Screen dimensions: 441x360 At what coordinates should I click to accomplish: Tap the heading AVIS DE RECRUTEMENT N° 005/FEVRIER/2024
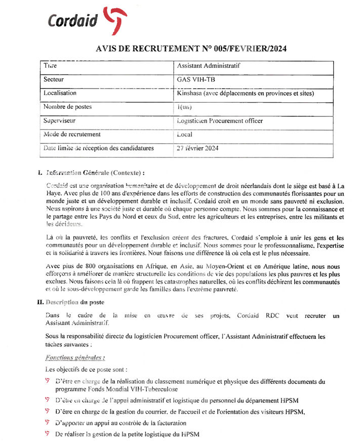click(x=191, y=49)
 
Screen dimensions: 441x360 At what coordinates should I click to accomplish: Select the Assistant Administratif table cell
click(x=209, y=66)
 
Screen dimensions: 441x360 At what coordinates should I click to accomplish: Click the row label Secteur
click(x=54, y=79)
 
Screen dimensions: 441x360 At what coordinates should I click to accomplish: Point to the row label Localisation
click(x=60, y=93)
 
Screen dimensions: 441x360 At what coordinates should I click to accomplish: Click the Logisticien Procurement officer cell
click(x=220, y=121)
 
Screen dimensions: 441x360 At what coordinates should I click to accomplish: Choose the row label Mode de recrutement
click(x=72, y=135)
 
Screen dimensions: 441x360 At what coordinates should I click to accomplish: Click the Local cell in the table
click(x=185, y=135)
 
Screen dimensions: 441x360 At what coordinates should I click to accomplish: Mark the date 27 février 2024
click(x=197, y=148)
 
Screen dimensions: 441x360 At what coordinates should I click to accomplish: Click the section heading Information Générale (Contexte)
click(x=95, y=173)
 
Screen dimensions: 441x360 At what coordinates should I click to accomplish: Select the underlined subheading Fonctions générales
click(x=75, y=357)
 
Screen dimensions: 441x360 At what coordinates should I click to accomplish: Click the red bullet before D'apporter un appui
click(x=48, y=422)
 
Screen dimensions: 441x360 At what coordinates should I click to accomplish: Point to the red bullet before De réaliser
click(x=48, y=434)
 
